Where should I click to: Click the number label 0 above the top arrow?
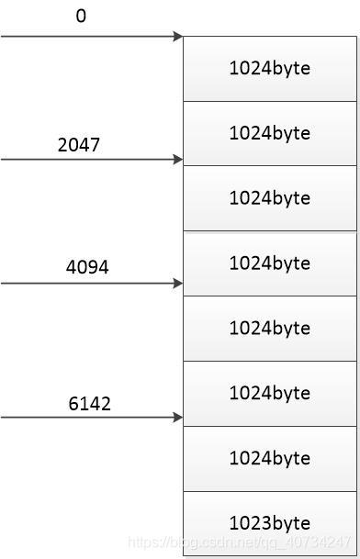point(81,17)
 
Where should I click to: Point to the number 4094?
point(88,267)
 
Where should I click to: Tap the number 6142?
point(89,403)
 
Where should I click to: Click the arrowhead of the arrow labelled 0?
point(178,37)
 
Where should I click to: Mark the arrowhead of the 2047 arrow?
point(178,160)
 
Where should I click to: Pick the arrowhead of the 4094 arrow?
point(178,283)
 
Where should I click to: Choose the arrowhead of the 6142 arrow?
point(178,418)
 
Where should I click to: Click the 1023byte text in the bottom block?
point(269,523)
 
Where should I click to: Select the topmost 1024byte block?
point(269,69)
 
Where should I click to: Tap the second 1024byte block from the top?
point(269,133)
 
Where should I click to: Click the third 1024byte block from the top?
point(269,198)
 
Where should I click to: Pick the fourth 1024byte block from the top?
point(269,263)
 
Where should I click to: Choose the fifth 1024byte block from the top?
point(269,328)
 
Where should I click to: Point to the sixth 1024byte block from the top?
point(269,393)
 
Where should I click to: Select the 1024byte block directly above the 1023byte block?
point(269,458)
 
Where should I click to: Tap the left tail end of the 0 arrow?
point(3,37)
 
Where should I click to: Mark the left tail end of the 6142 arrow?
point(3,418)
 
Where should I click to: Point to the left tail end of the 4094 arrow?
point(3,283)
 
